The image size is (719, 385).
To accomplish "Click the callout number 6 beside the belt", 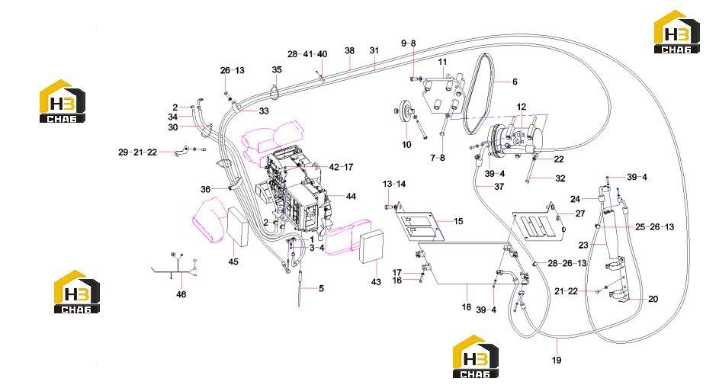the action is coord(515,82).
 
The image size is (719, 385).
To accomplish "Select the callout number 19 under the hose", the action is coord(557,361).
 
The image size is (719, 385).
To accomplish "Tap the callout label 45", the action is coord(233,261).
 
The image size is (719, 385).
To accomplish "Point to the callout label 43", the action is coord(376,282).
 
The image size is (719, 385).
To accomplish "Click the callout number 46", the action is coord(181,294).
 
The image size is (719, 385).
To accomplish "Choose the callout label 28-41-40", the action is coord(308,54).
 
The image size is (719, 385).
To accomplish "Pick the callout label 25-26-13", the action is coord(655,227).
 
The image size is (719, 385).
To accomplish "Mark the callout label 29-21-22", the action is coord(137,152).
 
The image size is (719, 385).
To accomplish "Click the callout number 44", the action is coord(351,196).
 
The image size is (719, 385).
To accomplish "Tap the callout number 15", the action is coord(458,221).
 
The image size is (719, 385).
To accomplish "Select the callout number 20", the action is coord(653,299).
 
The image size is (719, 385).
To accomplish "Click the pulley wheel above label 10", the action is coord(406,111).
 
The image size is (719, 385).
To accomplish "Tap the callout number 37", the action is coord(499,187).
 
